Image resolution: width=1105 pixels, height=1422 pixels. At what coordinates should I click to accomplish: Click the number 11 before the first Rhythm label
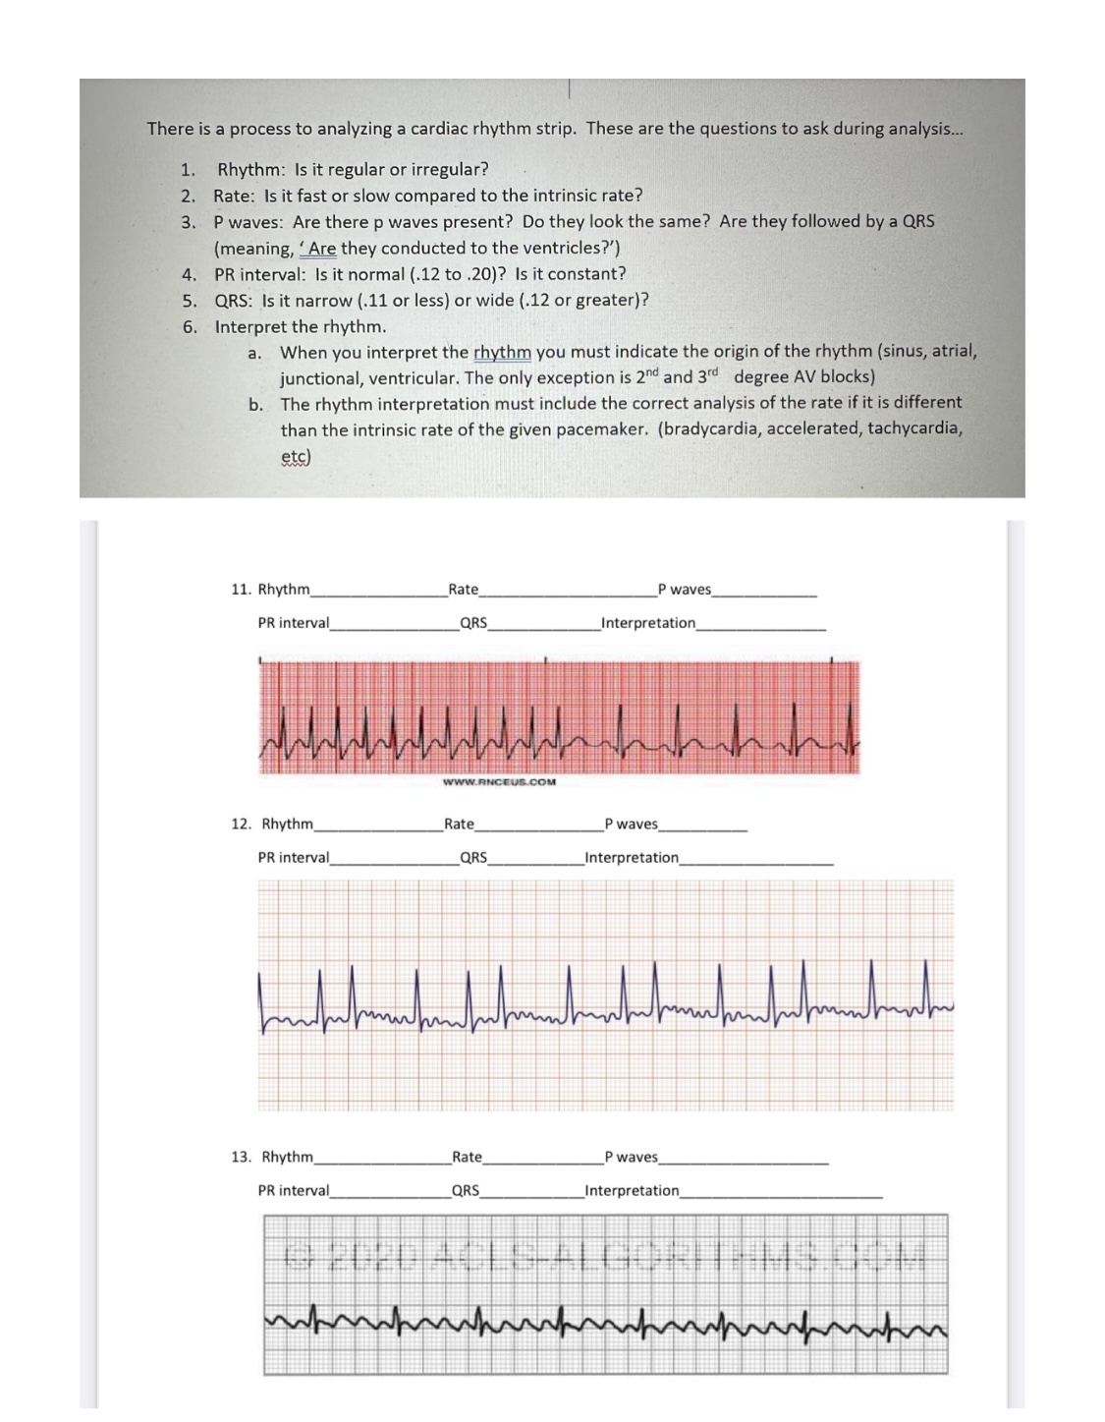(240, 590)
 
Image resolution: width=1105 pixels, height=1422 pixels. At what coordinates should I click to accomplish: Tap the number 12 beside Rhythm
(241, 825)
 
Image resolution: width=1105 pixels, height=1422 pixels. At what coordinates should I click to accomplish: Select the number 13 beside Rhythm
(241, 1158)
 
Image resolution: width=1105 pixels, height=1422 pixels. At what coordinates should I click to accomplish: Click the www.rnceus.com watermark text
(499, 782)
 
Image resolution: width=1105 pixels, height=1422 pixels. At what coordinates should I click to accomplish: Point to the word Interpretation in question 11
(648, 623)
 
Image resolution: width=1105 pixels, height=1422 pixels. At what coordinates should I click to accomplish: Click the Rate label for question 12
(459, 825)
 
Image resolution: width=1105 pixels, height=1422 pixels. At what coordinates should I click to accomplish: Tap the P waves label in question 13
(632, 1158)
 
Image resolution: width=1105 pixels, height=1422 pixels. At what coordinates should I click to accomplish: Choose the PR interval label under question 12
(294, 858)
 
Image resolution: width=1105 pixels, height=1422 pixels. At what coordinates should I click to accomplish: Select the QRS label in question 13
(466, 1191)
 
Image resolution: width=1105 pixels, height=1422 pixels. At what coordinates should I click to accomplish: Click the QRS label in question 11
(473, 623)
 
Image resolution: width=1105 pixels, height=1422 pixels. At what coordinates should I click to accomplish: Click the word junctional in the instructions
(320, 378)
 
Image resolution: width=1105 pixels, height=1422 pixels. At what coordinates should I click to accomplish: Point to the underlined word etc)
(296, 457)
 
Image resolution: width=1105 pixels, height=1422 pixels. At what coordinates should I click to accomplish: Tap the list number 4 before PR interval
(189, 275)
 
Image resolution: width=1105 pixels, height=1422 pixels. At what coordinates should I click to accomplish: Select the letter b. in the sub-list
(255, 404)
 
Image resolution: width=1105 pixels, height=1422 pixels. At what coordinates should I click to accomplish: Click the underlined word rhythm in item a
(502, 352)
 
